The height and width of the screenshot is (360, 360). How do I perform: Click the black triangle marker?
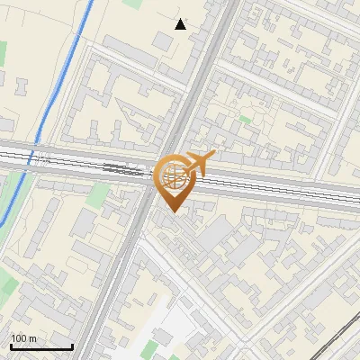coord(181,24)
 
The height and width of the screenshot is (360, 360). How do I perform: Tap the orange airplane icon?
coord(200,163)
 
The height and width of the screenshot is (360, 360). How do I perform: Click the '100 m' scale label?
coord(24,338)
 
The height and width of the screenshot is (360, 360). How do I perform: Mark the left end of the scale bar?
coord(10,347)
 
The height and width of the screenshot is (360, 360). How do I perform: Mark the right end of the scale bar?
coord(72,347)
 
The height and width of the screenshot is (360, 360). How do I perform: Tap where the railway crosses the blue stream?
coord(37,157)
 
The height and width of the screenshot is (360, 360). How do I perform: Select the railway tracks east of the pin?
coord(270,188)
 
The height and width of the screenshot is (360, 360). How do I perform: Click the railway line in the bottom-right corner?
coord(337,338)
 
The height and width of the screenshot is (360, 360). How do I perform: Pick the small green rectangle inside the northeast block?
coord(245,118)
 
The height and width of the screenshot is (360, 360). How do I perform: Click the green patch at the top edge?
coord(132,4)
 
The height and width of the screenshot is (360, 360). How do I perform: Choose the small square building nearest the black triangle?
coord(163,40)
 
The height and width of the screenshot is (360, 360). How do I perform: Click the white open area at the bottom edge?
coord(148,333)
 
